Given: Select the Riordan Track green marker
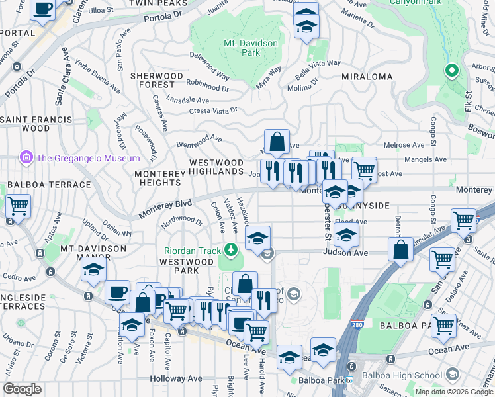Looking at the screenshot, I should pos(230,249).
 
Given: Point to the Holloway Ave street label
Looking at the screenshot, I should pos(175,378).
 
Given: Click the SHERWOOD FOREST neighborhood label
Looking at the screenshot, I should pos(156,81).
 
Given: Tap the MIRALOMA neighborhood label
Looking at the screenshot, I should pos(367,77).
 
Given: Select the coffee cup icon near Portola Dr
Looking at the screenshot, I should pos(43,9).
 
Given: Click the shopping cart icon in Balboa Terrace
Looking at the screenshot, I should pos(18,206).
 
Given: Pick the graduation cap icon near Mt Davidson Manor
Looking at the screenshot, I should pos(94,269).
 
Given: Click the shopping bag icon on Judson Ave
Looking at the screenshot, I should pos(401,250).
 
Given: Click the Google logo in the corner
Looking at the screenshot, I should pos(22,389).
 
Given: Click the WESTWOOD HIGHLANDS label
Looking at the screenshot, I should pos(216,167).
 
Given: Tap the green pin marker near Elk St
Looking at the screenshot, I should pos(452,69).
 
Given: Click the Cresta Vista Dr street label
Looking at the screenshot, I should pos(213,112).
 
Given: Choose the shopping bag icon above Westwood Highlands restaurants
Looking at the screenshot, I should pos(277,141).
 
